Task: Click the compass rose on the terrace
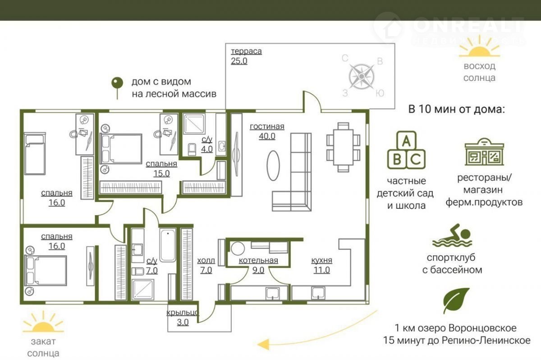362,76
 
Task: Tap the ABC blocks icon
406,150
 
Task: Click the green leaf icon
456,300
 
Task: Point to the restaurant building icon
484,152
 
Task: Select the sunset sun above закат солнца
43,322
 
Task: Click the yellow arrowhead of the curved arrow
263,344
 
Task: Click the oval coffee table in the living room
273,166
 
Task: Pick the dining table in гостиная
343,148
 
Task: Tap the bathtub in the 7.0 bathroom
168,245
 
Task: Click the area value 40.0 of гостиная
267,137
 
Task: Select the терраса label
246,51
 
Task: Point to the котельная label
258,260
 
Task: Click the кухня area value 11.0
322,270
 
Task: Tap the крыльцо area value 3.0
183,323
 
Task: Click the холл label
206,260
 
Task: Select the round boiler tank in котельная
238,249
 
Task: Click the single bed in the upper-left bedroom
35,153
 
